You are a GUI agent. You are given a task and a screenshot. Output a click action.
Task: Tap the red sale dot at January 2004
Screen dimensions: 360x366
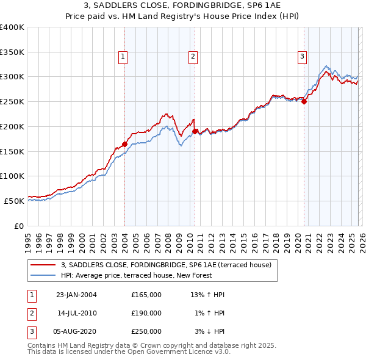pyautogui.click(x=124, y=144)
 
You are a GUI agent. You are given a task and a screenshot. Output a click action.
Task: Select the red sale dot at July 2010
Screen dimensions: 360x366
pyautogui.click(x=195, y=131)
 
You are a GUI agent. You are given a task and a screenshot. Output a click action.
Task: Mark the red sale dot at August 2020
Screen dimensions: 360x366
pyautogui.click(x=304, y=102)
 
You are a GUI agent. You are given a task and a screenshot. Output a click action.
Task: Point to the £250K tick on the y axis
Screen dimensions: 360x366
pyautogui.click(x=12, y=102)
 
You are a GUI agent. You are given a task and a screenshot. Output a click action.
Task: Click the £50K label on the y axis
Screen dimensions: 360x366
pyautogui.click(x=15, y=201)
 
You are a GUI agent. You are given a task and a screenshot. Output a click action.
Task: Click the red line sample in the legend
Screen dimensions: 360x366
pyautogui.click(x=43, y=265)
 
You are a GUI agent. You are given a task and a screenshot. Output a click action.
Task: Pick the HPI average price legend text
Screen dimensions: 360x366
pyautogui.click(x=136, y=275)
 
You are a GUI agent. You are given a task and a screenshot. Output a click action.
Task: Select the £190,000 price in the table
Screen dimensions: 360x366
pyautogui.click(x=146, y=313)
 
